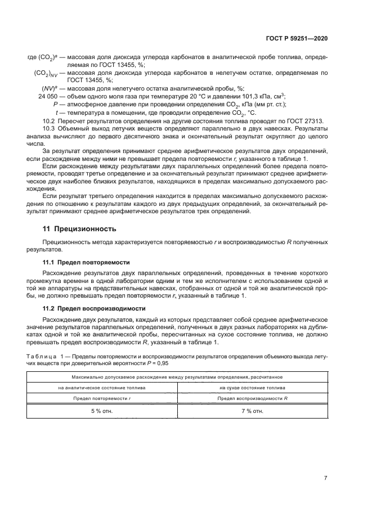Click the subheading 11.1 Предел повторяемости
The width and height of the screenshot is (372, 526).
(87, 262)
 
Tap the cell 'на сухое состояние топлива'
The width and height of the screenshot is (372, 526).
(253, 388)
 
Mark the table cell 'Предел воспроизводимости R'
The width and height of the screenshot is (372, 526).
(253, 398)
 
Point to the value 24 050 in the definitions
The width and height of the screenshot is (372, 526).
(47, 96)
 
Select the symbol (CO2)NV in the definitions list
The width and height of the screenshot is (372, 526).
(44, 73)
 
